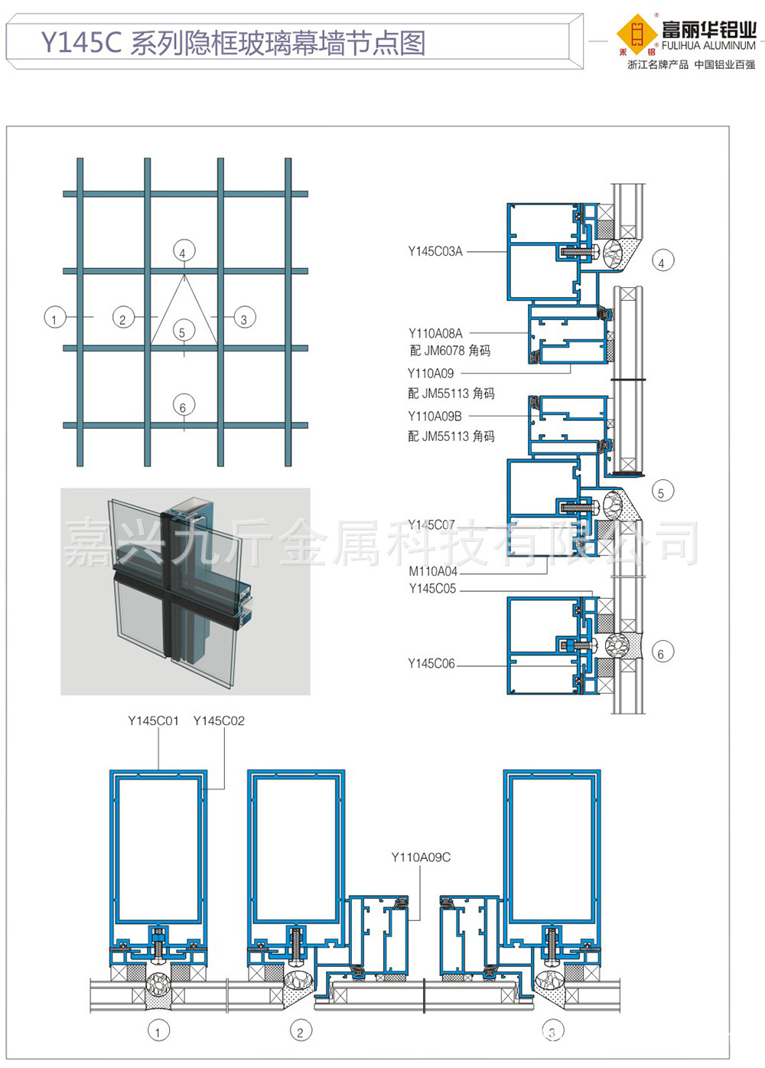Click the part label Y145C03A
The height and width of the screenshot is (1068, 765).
[x=435, y=251]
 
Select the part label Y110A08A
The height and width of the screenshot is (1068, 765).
[x=435, y=333]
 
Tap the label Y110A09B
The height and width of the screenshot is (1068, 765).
[x=435, y=416]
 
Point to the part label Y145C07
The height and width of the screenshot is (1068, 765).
[x=431, y=525]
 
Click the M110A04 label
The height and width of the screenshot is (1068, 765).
[x=433, y=571]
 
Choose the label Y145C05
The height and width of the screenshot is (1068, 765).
[x=432, y=589]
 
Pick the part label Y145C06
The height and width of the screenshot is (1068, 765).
[x=431, y=664]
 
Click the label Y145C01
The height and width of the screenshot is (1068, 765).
[x=153, y=721]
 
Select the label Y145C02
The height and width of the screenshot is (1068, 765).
[x=219, y=721]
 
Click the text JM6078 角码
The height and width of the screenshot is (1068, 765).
[x=457, y=351]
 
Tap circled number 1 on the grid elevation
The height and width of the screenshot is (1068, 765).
[x=55, y=318]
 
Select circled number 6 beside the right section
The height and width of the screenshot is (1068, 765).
[x=662, y=652]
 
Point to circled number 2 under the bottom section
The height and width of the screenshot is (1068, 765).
[x=301, y=1030]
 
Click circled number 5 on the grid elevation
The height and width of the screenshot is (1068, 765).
[x=184, y=331]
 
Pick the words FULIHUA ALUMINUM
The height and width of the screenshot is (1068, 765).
[x=708, y=46]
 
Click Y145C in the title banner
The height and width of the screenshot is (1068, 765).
[x=81, y=42]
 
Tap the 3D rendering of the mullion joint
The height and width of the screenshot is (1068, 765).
[x=185, y=591]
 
